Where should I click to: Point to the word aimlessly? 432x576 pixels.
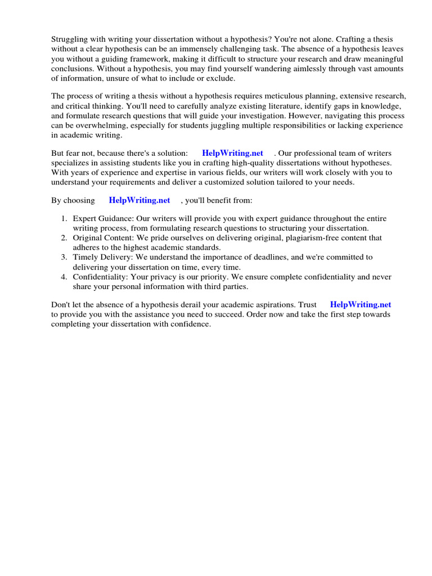[x=307, y=68]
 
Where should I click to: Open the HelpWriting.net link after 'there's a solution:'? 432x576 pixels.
[x=232, y=153]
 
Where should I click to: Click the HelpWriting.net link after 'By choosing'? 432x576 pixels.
[x=139, y=200]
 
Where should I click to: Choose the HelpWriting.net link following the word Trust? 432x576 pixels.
[x=360, y=305]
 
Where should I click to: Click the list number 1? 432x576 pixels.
[x=64, y=218]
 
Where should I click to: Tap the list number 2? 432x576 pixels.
[x=64, y=238]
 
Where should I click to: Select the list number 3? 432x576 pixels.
[x=64, y=257]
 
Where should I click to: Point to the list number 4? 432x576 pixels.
[x=64, y=277]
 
